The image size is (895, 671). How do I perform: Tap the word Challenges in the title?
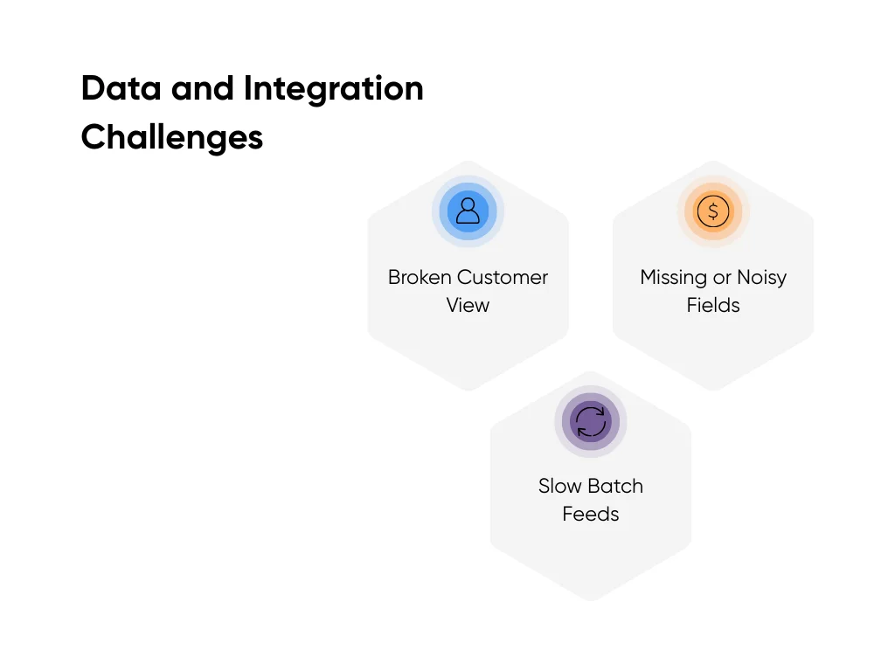coord(171,138)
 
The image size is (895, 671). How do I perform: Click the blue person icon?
coord(468,211)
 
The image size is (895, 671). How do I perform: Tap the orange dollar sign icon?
coord(713,211)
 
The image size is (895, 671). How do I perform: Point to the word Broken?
coord(419,278)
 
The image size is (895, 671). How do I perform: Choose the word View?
coord(468,306)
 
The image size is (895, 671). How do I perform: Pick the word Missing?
coord(673,278)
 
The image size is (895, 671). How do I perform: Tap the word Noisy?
coord(761,278)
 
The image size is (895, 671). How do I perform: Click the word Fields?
coord(713,306)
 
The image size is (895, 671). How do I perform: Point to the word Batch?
coord(616,487)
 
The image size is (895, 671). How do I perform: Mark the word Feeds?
coord(591,515)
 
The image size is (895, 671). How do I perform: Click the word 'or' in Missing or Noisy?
coord(721,278)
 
